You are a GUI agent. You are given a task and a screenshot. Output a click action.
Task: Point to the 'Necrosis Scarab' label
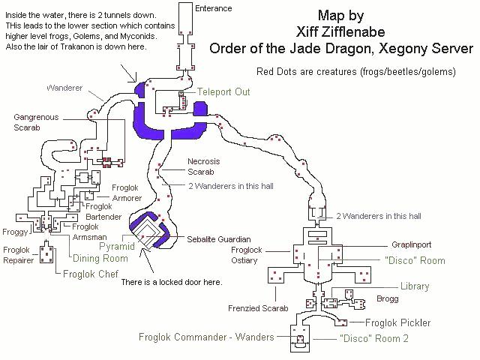[x=202, y=165]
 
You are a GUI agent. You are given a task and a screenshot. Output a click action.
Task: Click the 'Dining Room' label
[x=100, y=258]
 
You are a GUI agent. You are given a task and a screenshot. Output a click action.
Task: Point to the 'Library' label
[x=414, y=286]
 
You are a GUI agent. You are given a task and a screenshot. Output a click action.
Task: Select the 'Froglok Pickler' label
[x=397, y=323]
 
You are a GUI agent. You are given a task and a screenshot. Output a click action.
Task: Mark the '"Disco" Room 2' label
[x=374, y=338]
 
